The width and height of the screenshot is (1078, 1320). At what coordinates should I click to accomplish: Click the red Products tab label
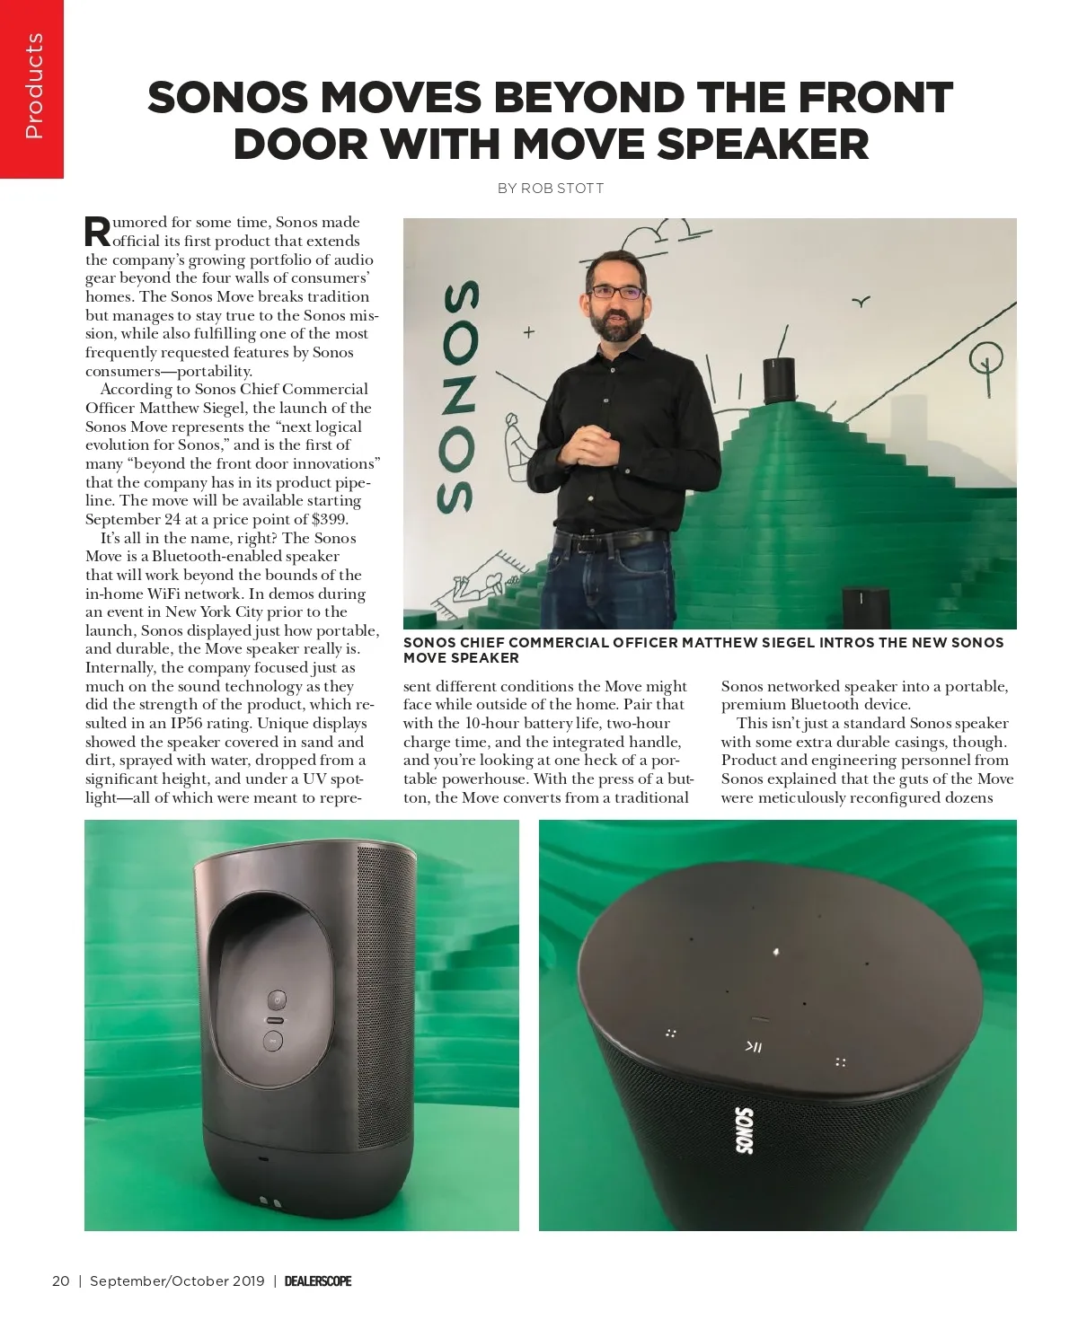pos(33,86)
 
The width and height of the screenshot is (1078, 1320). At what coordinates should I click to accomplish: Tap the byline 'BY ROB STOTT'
pos(550,189)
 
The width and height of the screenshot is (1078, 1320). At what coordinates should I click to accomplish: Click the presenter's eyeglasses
pos(615,292)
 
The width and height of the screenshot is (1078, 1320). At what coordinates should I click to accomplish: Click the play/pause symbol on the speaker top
pos(754,1046)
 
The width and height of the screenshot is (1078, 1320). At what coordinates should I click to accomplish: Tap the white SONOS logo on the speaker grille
pos(745,1130)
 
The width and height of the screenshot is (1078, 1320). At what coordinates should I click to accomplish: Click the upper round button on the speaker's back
pos(278,999)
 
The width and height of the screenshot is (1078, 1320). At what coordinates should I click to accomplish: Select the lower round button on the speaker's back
pos(274,1041)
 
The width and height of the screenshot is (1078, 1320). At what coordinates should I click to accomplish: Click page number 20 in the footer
pos(61,1280)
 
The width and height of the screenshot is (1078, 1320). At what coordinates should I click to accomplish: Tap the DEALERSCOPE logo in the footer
pos(318,1280)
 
